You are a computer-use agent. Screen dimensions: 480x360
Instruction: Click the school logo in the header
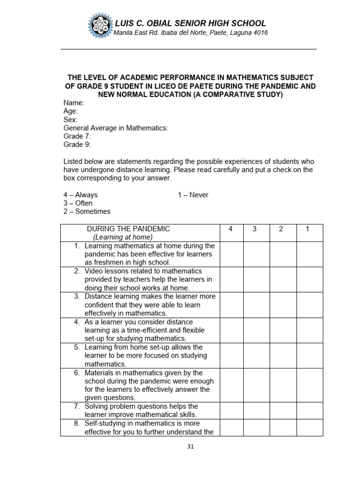click(100, 27)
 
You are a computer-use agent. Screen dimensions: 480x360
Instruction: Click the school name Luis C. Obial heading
click(190, 23)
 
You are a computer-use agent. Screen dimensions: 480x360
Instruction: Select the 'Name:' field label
click(74, 103)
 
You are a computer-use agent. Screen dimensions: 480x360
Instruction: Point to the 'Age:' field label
click(71, 111)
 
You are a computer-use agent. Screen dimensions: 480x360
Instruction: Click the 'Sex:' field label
click(70, 120)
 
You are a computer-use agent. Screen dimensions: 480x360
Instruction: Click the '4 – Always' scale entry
click(81, 195)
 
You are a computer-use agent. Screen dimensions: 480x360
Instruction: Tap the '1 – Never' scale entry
click(193, 195)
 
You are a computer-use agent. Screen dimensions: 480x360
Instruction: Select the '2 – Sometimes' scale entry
click(87, 211)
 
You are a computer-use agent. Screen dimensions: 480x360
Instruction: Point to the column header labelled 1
click(307, 229)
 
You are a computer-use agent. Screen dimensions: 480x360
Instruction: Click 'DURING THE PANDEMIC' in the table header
click(128, 229)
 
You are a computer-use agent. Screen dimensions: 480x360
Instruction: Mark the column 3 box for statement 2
click(256, 279)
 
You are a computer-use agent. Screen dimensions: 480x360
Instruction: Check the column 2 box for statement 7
click(283, 411)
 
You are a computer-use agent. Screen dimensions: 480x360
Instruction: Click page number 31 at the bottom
click(190, 447)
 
